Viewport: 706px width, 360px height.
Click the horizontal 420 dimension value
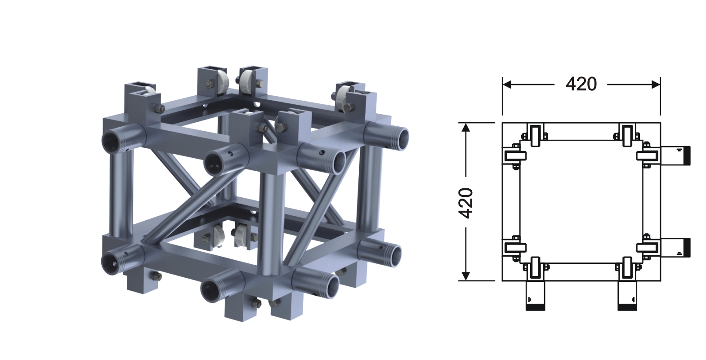tap(581, 84)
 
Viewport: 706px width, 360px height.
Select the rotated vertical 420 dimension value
tap(465, 203)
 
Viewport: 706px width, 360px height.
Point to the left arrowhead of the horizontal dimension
tap(507, 84)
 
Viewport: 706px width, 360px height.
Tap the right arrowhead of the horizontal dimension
tap(656, 84)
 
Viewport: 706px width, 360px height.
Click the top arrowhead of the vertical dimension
tap(466, 127)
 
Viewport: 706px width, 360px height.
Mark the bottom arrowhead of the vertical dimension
tap(466, 276)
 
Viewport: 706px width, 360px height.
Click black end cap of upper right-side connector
tap(688, 156)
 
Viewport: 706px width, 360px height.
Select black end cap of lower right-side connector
tap(688, 248)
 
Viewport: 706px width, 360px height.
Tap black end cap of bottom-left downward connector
tap(535, 308)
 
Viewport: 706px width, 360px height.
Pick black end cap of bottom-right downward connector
tap(627, 308)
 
